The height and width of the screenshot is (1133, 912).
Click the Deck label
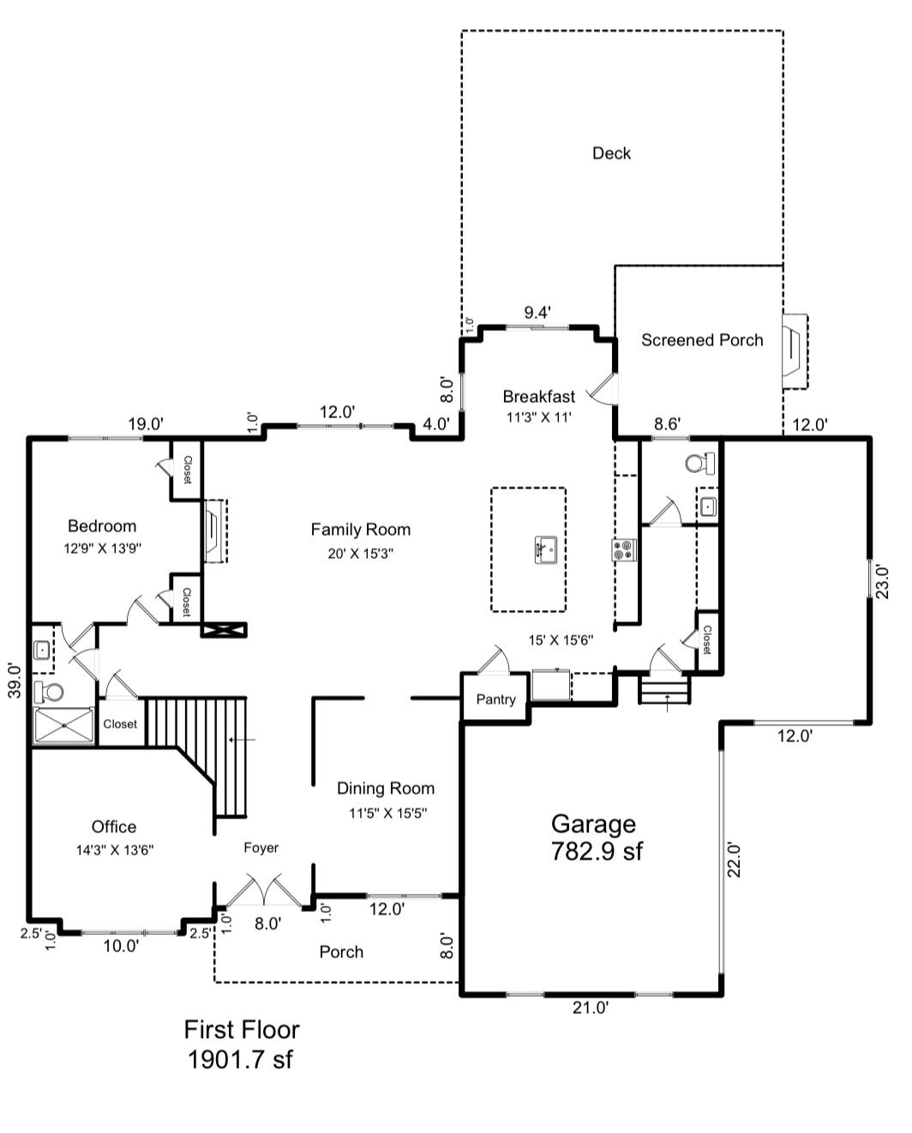point(611,153)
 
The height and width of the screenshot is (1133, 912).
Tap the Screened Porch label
point(702,340)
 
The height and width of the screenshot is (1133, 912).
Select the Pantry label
point(495,699)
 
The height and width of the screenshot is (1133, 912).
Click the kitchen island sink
point(546,549)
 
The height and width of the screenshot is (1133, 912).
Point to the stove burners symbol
point(624,549)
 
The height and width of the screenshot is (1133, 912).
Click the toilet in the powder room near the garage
point(700,463)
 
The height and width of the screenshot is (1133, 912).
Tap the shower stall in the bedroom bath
point(63,726)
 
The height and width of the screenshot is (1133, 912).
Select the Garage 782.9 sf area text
point(596,837)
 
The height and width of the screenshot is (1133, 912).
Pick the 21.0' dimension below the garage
point(591,1007)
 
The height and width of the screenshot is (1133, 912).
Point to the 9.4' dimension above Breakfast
point(537,313)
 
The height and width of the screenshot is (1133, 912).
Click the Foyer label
point(261,848)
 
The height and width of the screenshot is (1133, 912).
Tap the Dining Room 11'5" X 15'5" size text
point(387,812)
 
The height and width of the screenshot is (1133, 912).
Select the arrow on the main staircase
point(243,740)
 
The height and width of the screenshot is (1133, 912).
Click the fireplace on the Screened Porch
point(794,351)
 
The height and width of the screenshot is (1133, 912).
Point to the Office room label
point(114,826)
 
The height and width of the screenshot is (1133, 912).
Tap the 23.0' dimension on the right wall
point(882,582)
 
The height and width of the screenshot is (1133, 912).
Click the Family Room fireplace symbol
point(215,531)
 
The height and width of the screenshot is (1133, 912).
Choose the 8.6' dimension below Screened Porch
point(667,423)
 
